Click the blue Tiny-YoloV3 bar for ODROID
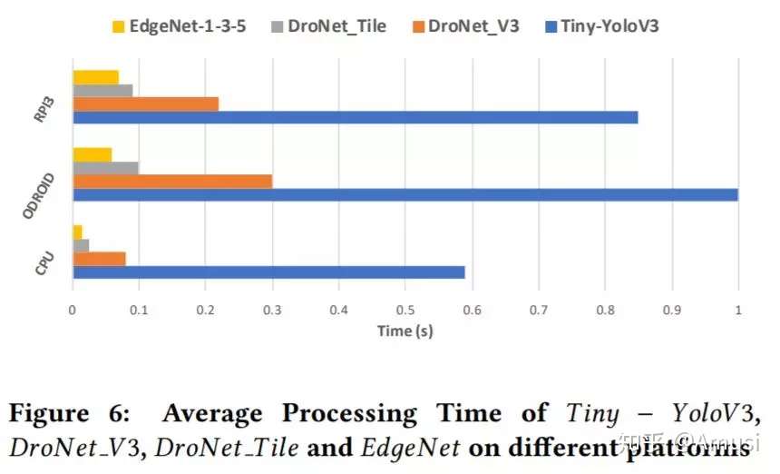405,194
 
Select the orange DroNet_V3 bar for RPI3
145,104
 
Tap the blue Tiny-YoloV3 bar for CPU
268,272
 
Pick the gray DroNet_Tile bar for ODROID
105,168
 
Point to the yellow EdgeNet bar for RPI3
95,77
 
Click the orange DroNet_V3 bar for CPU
99,259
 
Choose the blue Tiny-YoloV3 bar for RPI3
355,117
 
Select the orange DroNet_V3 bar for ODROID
172,182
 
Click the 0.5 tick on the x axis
405,310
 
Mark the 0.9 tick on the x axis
671,310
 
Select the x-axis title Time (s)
405,331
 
